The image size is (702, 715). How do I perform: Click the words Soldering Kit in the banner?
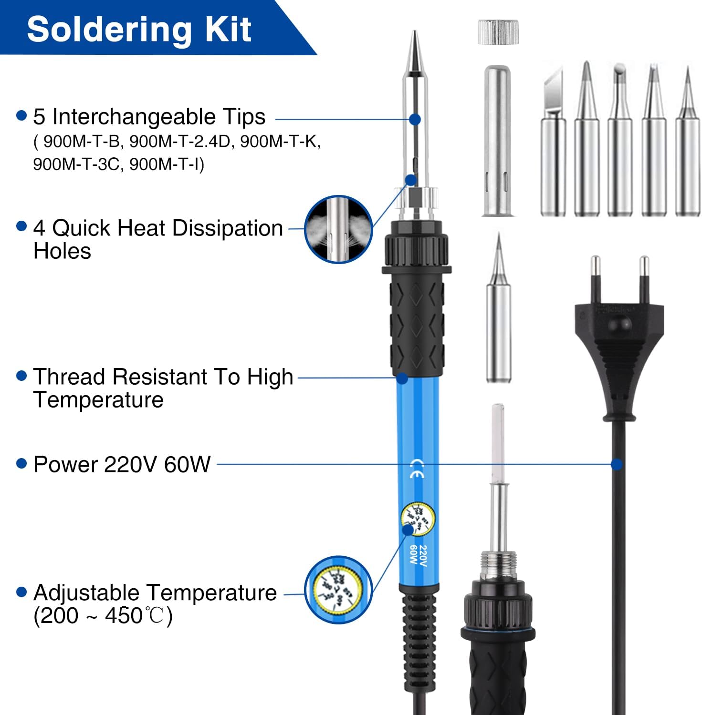(139, 30)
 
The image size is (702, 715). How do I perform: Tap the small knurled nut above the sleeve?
(498, 32)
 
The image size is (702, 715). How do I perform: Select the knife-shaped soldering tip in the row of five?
(553, 143)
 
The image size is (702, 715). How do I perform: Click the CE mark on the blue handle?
(417, 468)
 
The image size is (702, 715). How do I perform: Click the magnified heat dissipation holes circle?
(338, 229)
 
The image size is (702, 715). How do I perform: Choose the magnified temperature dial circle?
(338, 590)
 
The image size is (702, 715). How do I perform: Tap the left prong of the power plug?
(595, 279)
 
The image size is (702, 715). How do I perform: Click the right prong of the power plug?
(644, 279)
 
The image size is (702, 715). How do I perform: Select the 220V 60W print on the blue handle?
(419, 555)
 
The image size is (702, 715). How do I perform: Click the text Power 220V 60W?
(122, 464)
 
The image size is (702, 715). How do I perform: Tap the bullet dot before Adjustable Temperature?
(21, 592)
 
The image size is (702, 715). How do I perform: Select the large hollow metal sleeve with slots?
(497, 141)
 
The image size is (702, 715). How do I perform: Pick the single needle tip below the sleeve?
(498, 310)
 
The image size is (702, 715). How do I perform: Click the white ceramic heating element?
(498, 443)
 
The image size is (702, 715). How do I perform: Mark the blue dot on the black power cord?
(617, 464)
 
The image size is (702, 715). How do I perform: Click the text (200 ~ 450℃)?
(103, 616)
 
